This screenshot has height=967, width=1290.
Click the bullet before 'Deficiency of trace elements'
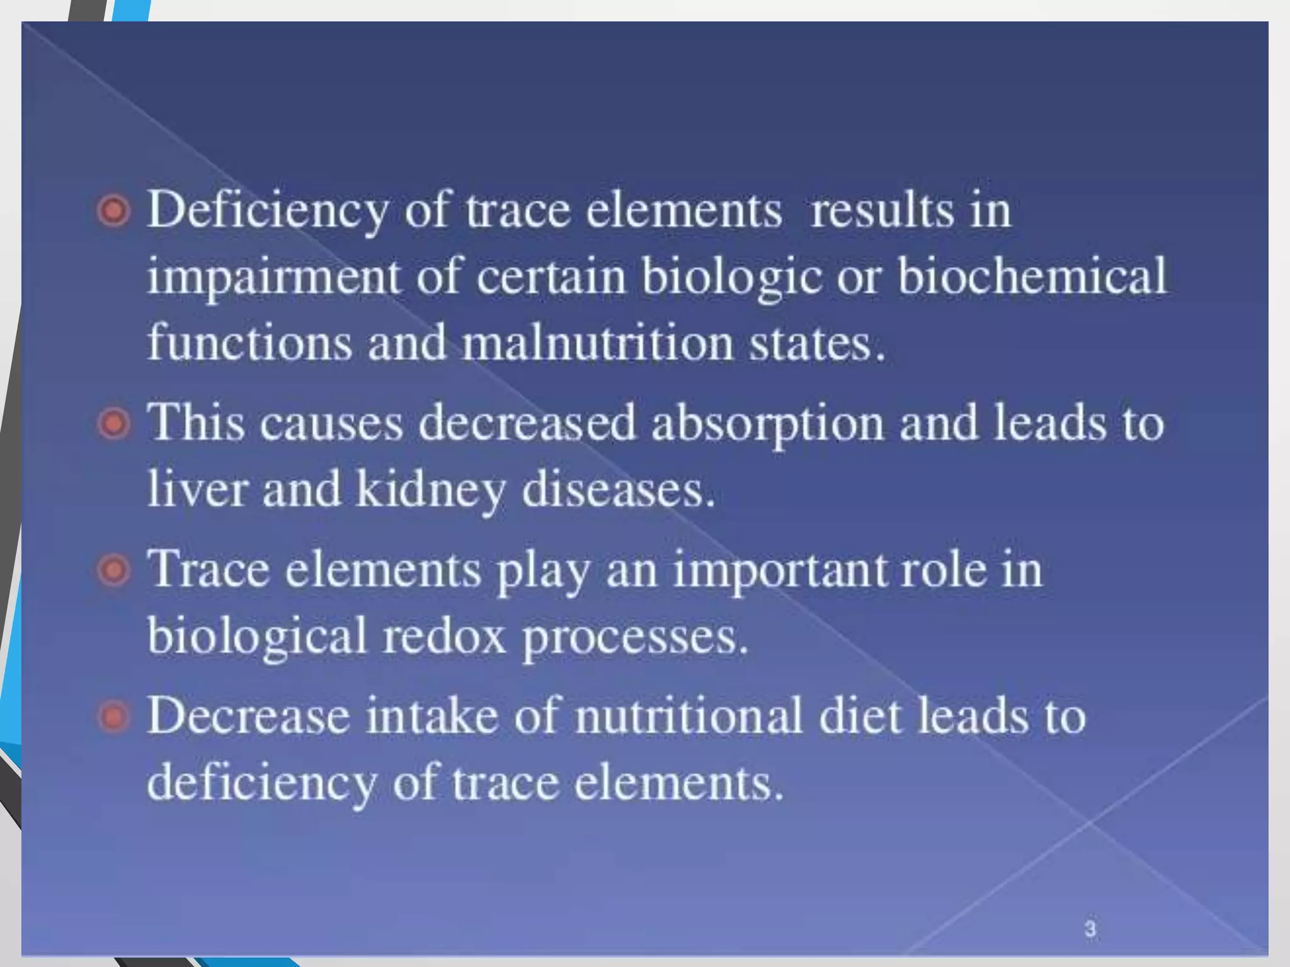(114, 210)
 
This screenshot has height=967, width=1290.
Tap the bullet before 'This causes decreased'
(114, 423)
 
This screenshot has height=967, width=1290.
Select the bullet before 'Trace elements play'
(114, 570)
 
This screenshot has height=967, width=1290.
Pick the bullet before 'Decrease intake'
(114, 717)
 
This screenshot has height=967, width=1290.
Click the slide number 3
(1090, 928)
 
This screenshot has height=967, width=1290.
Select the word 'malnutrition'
(598, 343)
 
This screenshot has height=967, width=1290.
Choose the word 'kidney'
(430, 490)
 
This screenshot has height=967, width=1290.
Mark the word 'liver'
(197, 489)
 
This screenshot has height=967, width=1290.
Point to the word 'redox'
(445, 636)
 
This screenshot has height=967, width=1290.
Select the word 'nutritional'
(688, 716)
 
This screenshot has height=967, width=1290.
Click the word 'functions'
(249, 343)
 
